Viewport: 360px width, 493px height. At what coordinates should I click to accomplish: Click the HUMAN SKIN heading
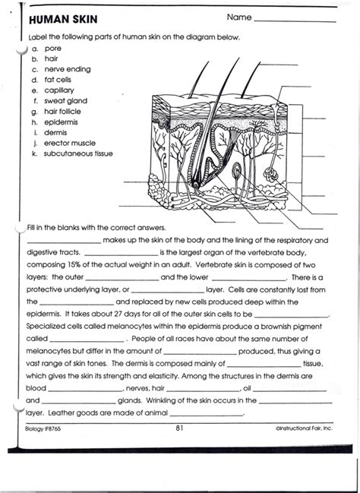coord(63,20)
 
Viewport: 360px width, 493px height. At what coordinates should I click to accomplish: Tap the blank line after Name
coord(295,22)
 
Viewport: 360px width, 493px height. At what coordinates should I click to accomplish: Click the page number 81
coord(179,428)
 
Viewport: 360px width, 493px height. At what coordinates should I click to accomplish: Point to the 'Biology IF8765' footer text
coord(43,429)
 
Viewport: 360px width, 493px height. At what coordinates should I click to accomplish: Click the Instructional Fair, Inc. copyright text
coord(304,428)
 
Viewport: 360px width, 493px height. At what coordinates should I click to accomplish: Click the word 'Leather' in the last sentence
coord(60,412)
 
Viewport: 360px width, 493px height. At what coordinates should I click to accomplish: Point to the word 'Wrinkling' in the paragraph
coord(161,400)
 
